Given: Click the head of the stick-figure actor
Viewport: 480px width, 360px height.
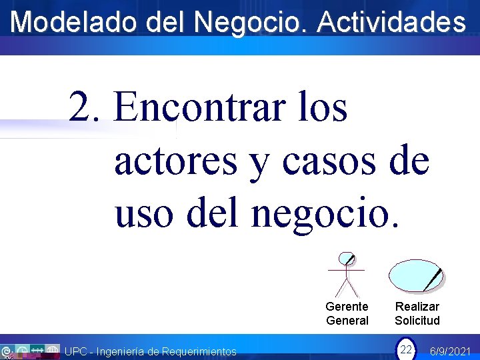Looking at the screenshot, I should [346, 259].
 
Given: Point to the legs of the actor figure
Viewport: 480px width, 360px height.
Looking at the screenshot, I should [347, 288].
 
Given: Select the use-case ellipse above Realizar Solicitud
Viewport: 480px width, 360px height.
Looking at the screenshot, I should [415, 275].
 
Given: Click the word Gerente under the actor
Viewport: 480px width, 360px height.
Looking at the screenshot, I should [347, 307].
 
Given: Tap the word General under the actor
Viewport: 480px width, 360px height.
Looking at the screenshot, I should [347, 321].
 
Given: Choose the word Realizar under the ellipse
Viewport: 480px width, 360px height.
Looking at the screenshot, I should [417, 307].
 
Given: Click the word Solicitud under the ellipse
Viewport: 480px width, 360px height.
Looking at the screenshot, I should [417, 321].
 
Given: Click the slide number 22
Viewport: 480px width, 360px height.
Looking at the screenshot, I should [405, 349].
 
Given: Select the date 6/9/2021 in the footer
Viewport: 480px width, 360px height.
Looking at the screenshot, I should [451, 351].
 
